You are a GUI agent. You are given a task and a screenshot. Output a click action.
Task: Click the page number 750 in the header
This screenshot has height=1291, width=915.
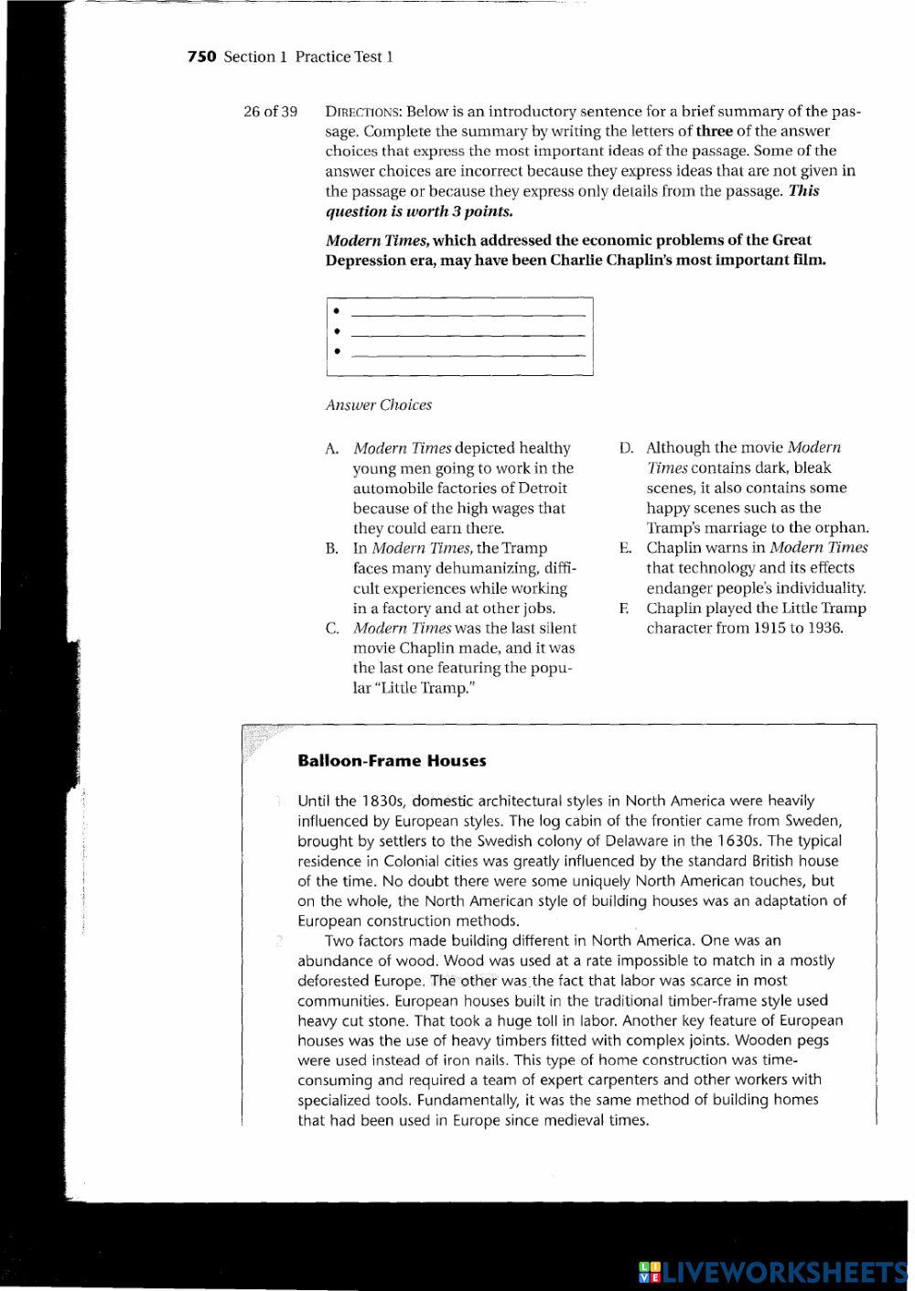[x=201, y=57]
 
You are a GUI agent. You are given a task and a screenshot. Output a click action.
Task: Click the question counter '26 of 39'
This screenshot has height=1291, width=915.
[x=270, y=112]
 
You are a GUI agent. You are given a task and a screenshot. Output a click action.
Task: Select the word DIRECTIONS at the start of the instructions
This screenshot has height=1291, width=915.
[x=363, y=112]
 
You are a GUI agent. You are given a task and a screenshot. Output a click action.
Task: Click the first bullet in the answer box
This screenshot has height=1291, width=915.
[x=338, y=311]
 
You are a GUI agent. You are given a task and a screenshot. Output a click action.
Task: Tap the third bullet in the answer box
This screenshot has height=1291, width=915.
[x=338, y=351]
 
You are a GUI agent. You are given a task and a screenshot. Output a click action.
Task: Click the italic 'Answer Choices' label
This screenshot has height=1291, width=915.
[x=378, y=404]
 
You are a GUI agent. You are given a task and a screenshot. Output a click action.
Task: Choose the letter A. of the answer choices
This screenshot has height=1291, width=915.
[x=332, y=448]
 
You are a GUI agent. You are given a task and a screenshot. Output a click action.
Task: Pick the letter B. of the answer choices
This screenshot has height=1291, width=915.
[x=332, y=549]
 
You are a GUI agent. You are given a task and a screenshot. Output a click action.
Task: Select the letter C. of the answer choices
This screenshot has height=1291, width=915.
[x=332, y=629]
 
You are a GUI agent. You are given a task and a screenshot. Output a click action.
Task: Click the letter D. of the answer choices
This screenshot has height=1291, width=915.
[x=626, y=447]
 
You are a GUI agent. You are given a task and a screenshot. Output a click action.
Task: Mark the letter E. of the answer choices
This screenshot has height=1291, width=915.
[x=626, y=548]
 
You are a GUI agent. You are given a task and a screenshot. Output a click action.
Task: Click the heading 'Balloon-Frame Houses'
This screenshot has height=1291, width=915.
[x=392, y=760]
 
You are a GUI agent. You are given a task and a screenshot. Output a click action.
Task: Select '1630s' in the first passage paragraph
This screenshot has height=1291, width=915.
[x=739, y=841]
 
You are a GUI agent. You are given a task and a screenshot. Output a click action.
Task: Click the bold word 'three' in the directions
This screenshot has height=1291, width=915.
[x=715, y=131]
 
